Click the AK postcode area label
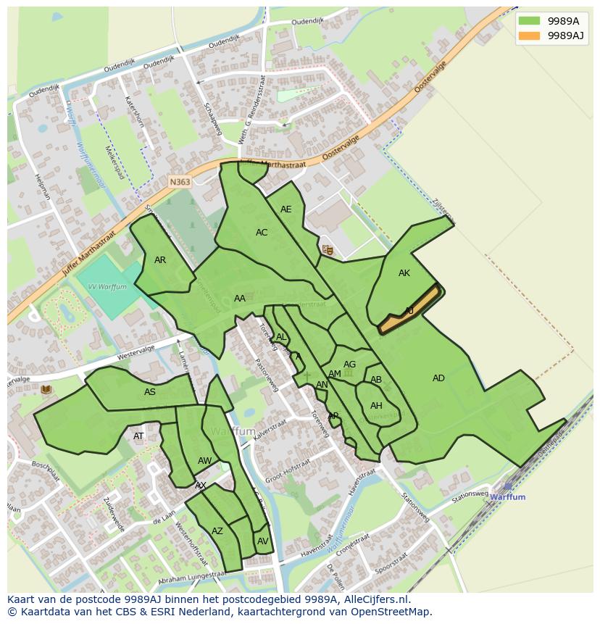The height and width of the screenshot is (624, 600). click(404, 273)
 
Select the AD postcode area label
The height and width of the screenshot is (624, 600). click(438, 378)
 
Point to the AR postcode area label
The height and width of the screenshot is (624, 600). click(160, 260)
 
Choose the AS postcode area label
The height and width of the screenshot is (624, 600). click(149, 392)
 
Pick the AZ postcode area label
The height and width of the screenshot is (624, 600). click(217, 531)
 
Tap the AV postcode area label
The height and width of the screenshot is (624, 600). click(262, 541)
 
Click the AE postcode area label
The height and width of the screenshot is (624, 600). click(286, 209)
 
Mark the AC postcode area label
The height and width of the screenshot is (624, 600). click(262, 233)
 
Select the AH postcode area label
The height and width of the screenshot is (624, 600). click(376, 406)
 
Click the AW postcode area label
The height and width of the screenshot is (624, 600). click(204, 461)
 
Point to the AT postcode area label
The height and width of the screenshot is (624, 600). click(138, 436)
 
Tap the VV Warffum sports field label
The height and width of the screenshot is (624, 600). click(107, 287)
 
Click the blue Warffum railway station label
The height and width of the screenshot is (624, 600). click(507, 497)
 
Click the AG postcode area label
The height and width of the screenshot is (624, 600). click(349, 365)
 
